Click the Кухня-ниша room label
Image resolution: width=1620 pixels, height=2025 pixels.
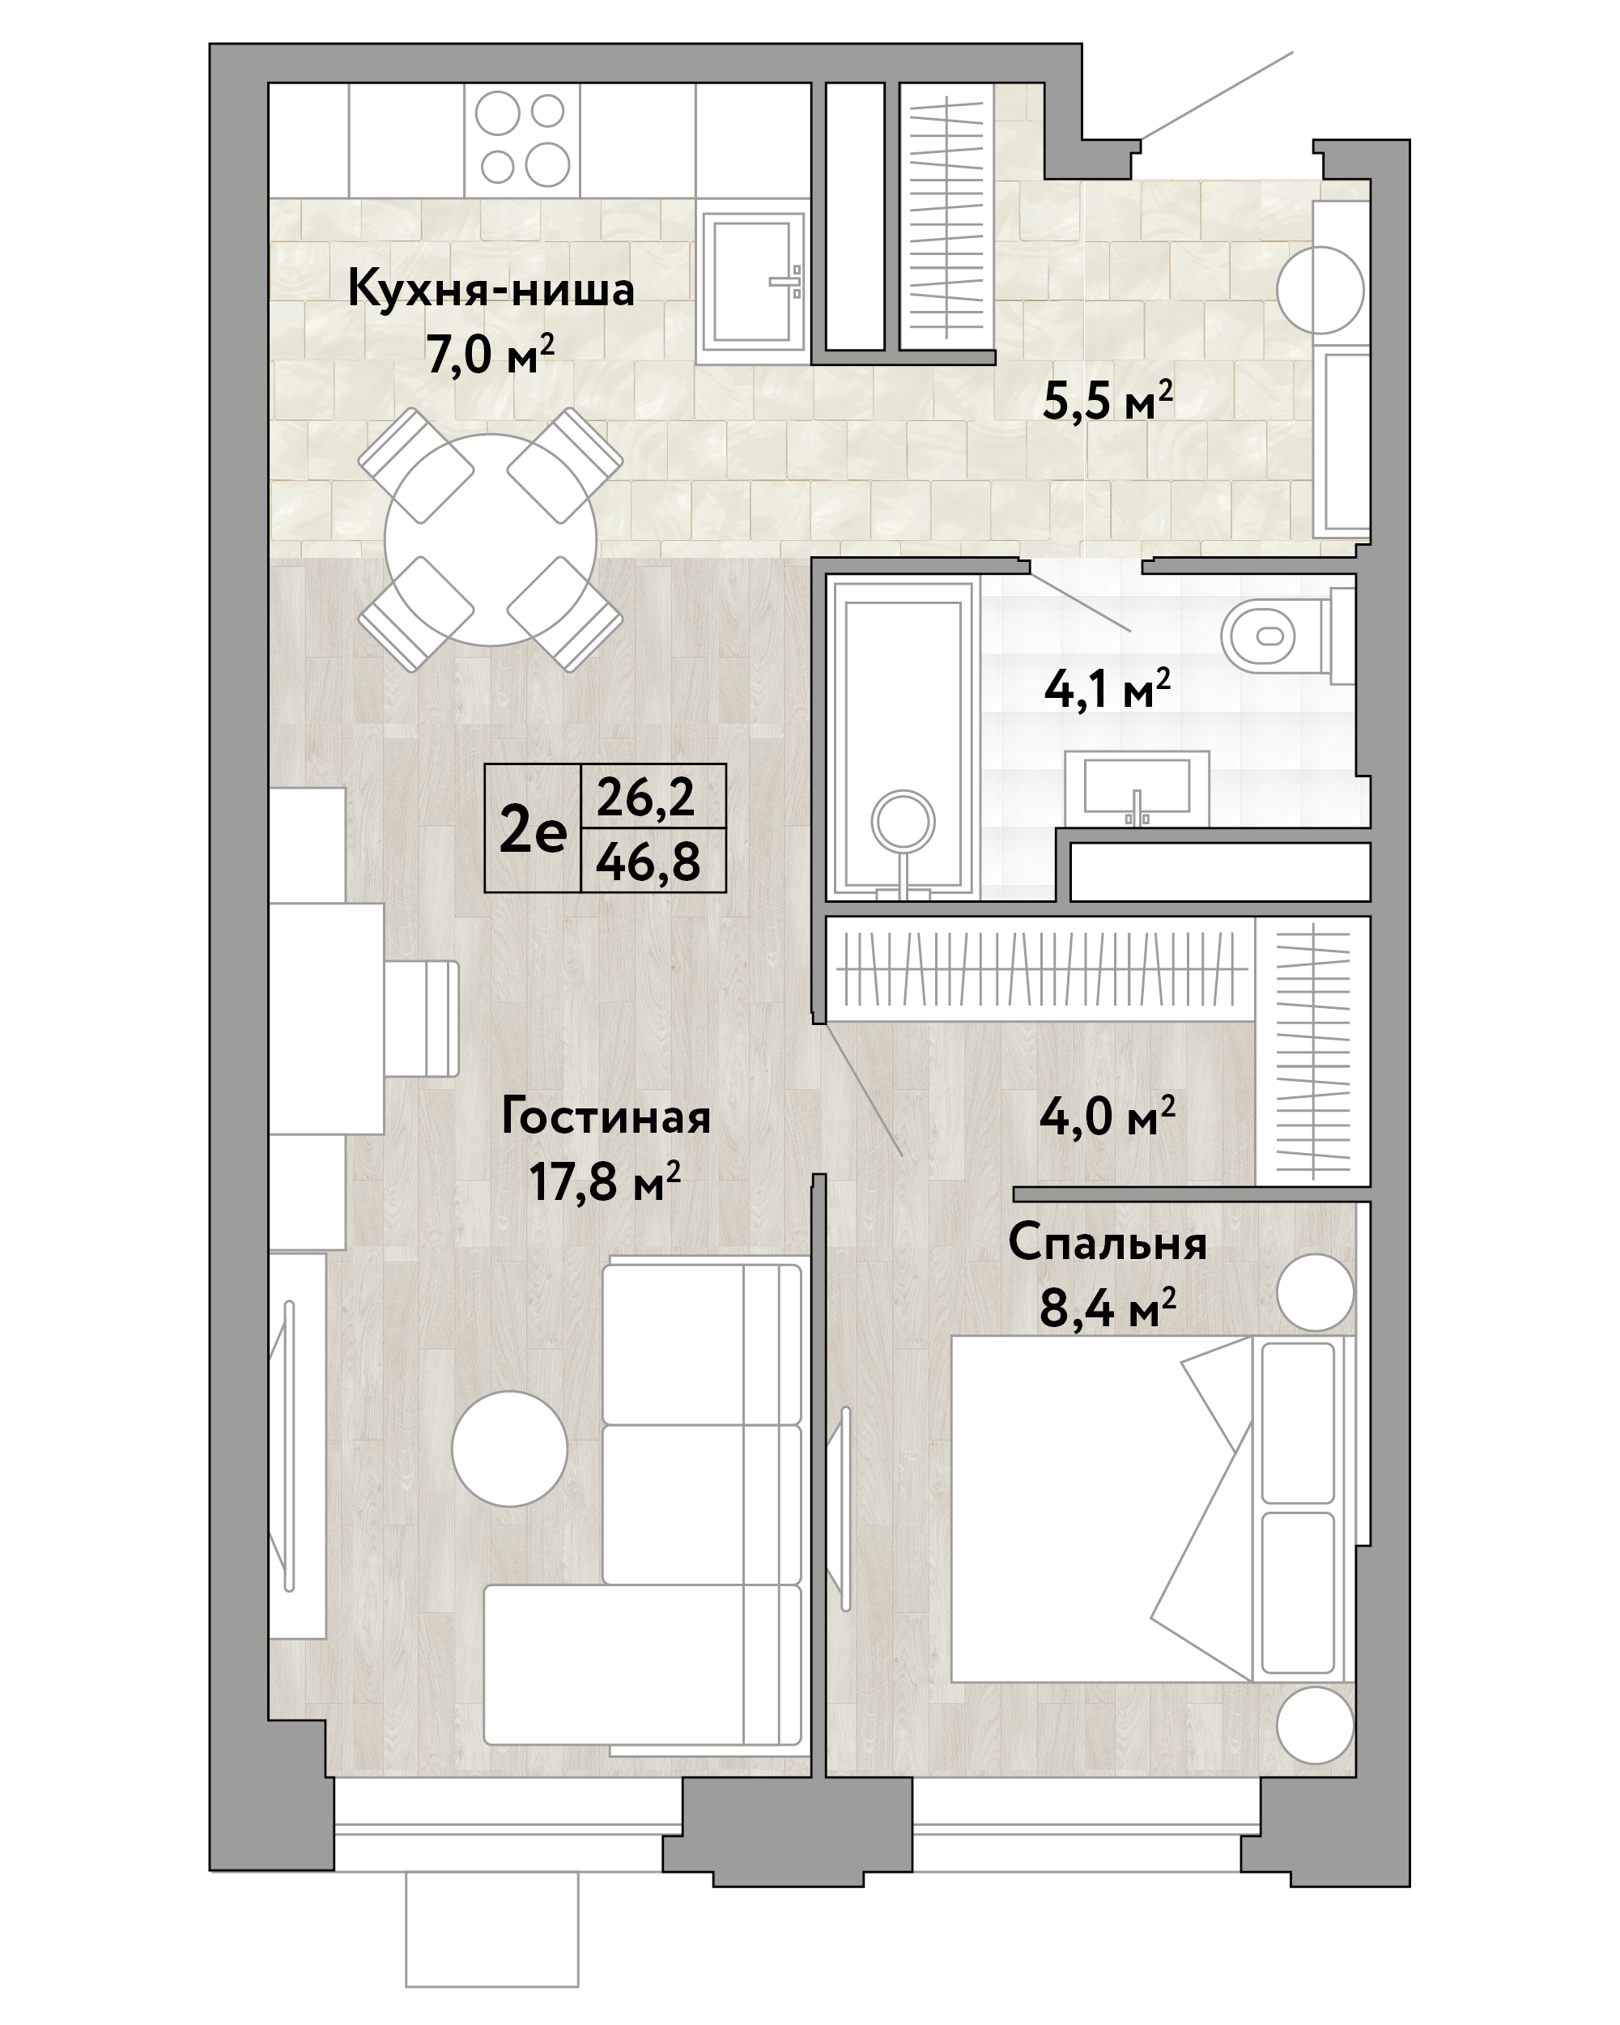coord(491,288)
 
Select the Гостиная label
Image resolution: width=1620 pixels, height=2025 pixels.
coord(606,1117)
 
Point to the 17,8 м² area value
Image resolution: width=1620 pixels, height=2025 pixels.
coord(606,1181)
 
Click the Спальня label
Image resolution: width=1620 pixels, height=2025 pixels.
coord(1108,1244)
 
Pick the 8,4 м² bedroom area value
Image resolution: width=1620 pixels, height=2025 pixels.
coord(1108,1308)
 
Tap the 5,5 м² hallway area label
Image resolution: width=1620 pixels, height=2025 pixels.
coord(1108,401)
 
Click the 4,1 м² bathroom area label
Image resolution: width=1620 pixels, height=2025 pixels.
coord(1108,688)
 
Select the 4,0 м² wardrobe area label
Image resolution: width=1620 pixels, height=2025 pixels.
coord(1108,1117)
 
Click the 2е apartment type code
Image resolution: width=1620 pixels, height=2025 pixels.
coord(533,829)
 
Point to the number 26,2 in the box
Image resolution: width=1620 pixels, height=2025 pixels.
coord(646,798)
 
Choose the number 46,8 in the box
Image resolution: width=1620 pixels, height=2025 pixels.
coord(648,861)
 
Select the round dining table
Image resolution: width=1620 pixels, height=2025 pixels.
coord(491,540)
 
